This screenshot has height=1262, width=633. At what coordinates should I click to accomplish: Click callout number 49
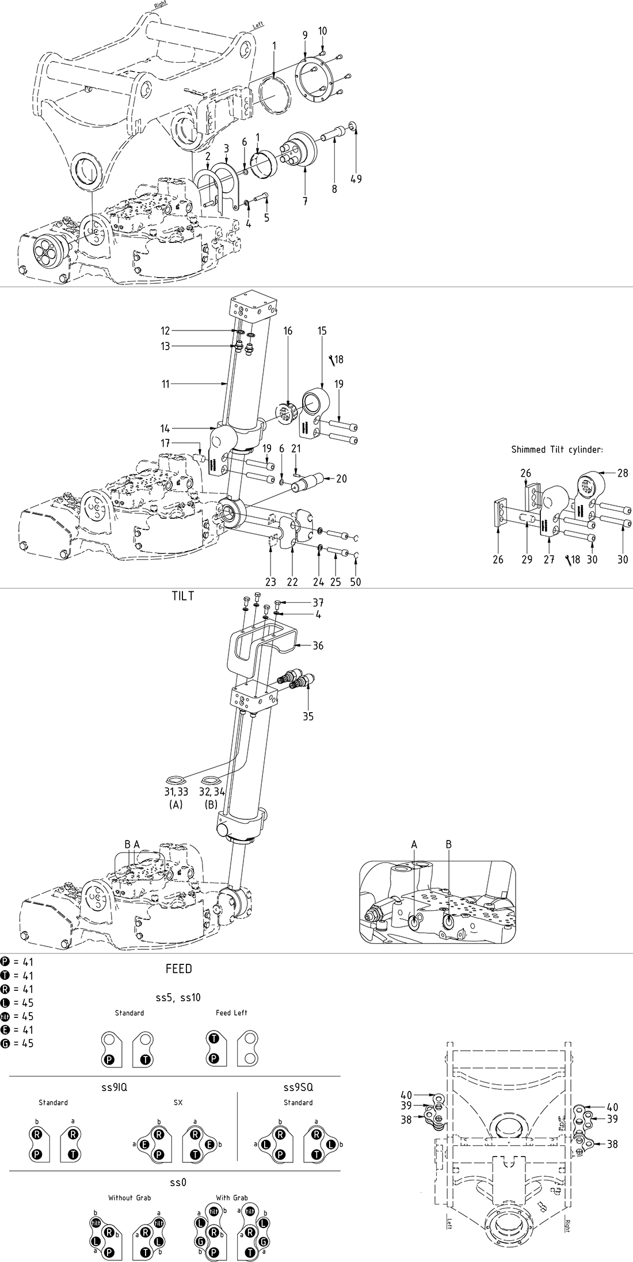tap(356, 178)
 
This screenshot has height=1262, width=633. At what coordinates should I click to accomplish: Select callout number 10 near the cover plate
tap(322, 31)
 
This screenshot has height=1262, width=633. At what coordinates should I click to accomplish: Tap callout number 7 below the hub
tap(305, 202)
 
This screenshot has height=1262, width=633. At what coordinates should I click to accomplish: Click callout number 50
tap(356, 582)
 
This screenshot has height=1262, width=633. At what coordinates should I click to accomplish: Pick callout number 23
tap(270, 582)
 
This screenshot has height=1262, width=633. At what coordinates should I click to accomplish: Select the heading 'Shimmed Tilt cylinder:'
tap(557, 450)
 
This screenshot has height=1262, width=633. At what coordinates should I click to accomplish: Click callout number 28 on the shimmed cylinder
tap(622, 473)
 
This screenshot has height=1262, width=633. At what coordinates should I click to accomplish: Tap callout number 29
tap(527, 559)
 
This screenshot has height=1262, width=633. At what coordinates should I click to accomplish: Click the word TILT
tap(183, 596)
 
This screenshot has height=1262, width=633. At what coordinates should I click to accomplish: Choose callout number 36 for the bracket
tap(318, 645)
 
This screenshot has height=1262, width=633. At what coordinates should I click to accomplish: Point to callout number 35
tap(308, 717)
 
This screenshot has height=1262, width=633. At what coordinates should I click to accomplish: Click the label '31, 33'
tap(176, 792)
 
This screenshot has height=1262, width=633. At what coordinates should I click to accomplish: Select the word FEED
tap(178, 969)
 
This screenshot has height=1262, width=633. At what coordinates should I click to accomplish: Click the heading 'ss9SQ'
tap(298, 1088)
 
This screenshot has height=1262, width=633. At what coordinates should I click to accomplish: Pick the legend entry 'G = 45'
tap(17, 1043)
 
